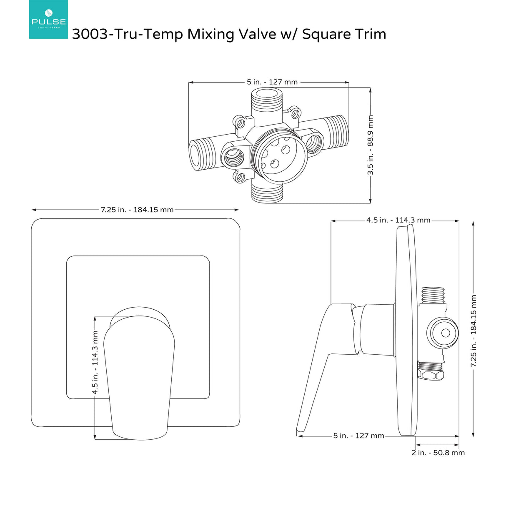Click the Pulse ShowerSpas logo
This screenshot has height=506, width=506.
48,20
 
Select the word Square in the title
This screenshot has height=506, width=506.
323,34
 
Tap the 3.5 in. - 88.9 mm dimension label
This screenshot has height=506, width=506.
370,145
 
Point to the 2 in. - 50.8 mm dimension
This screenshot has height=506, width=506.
438,453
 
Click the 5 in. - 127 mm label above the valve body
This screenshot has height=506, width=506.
272,82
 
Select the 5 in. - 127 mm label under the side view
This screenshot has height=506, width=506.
358,436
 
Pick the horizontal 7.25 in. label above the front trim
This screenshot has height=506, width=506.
137,210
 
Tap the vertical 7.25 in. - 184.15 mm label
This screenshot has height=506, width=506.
473,331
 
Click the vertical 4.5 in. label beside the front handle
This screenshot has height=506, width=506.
95,363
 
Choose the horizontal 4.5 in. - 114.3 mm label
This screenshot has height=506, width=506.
398,220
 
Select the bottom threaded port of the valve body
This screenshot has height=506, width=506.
267,193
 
